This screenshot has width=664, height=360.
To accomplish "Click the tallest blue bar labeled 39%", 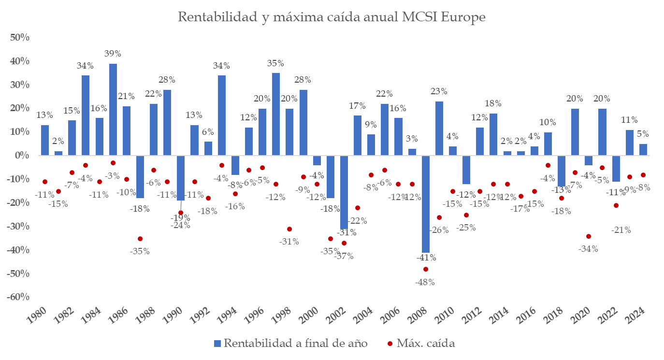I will (113, 109).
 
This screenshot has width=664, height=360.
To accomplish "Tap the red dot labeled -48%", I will (425, 269).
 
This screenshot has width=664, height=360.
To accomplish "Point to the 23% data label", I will (439, 91).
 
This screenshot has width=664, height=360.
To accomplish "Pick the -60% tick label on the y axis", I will (17, 297).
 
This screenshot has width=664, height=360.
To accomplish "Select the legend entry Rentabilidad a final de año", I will (290, 344).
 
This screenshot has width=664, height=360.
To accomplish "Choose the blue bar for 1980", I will (44, 140).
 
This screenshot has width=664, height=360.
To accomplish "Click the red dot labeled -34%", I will (588, 236).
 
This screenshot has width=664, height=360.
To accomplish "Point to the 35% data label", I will (275, 63).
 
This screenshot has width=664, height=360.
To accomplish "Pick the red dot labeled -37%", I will (344, 243).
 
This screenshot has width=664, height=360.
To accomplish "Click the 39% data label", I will (113, 54).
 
